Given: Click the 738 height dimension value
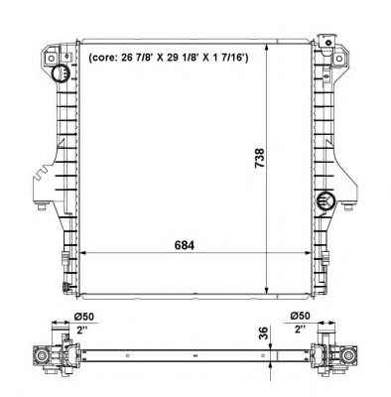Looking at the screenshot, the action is click(260, 158).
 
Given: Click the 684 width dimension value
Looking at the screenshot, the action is click(184, 245).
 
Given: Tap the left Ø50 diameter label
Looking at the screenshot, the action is click(84, 317).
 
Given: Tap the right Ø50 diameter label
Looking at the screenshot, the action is click(300, 316).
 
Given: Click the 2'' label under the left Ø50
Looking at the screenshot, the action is click(81, 330).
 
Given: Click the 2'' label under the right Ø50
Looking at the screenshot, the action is click(300, 330).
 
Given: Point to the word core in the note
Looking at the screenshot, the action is click(104, 59).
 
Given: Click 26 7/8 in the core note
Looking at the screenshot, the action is click(137, 58).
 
